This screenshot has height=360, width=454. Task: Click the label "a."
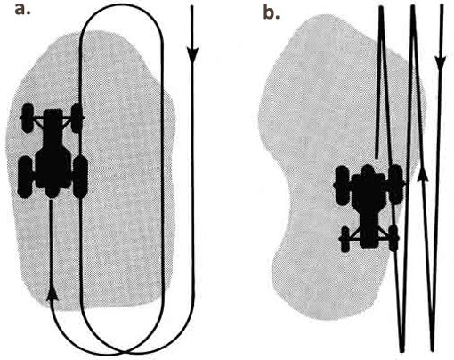pyautogui.click(x=22, y=10)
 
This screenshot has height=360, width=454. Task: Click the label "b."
pyautogui.click(x=272, y=12)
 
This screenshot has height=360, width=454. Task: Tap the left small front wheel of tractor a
pyautogui.click(x=28, y=118)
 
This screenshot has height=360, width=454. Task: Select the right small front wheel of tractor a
pyautogui.click(x=77, y=118)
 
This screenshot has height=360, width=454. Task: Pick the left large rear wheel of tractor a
pyautogui.click(x=25, y=176)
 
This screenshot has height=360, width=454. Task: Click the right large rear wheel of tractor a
pyautogui.click(x=80, y=176)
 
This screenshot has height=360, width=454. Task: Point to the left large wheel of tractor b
pyautogui.click(x=342, y=185)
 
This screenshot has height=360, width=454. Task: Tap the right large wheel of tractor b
pyautogui.click(x=395, y=184)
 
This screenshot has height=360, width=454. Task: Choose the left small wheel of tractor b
pyautogui.click(x=345, y=240)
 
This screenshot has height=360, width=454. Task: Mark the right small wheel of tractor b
pyautogui.click(x=393, y=239)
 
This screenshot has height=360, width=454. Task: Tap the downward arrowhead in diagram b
pyautogui.click(x=441, y=61)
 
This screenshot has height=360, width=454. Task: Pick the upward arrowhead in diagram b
pyautogui.click(x=423, y=174)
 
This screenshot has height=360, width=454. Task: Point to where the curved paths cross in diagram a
pyautogui.click(x=123, y=352)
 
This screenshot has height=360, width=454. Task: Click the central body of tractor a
pyautogui.click(x=53, y=151)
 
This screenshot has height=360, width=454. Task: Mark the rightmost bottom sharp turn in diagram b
pyautogui.click(x=433, y=350)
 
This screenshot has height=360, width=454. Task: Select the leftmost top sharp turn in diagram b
pyautogui.click(x=381, y=8)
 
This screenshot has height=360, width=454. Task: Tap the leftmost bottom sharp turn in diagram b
pyautogui.click(x=402, y=350)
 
